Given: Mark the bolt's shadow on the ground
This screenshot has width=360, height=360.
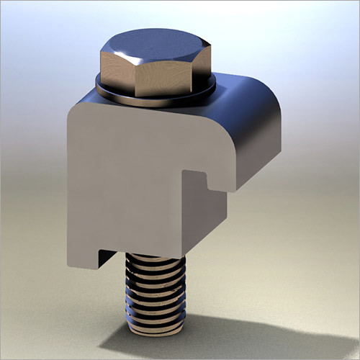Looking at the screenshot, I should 238,338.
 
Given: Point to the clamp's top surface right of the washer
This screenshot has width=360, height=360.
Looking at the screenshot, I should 238,86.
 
